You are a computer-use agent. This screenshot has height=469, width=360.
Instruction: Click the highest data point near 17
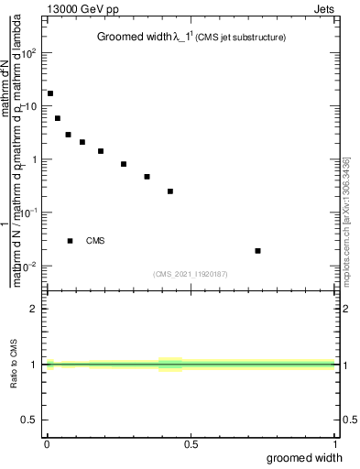tap(50, 93)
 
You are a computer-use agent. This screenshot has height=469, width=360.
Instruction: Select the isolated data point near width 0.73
tap(258, 250)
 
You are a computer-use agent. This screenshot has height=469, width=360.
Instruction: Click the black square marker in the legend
tap(70, 241)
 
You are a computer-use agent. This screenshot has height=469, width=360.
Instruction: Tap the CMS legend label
tap(95, 241)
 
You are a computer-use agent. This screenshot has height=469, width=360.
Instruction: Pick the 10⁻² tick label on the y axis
tap(30, 266)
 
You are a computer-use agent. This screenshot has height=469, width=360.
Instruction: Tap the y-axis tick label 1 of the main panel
tap(35, 159)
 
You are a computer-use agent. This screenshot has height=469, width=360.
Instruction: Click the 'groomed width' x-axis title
tap(311, 457)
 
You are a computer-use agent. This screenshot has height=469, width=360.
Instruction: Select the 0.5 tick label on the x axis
tap(191, 444)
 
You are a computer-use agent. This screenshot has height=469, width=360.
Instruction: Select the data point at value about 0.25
tap(170, 191)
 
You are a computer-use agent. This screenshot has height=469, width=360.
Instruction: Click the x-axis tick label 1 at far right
tap(336, 444)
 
